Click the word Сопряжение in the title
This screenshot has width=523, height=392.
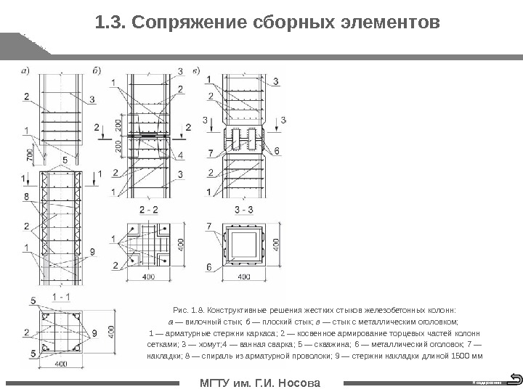185,24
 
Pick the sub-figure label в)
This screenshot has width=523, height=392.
196,70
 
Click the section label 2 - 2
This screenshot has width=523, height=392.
149,211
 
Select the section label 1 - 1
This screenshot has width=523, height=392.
61,298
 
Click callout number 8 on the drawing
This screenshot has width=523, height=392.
26,197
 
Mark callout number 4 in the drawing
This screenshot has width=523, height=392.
180,155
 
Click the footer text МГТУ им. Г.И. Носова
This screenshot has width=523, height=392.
260,383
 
